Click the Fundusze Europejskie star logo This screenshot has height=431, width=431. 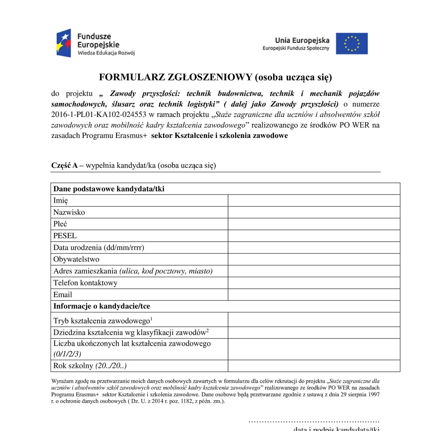click(64, 43)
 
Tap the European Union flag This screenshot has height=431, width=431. click(352, 43)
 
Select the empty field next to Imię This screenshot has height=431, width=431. click(314, 201)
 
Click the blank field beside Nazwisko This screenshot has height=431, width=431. click(314, 212)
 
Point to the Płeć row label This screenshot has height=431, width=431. click(60, 224)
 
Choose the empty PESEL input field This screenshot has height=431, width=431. click(314, 236)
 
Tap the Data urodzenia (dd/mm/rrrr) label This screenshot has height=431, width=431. click(99, 248)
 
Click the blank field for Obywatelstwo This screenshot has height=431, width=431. click(314, 259)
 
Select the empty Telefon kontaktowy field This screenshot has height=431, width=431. click(314, 283)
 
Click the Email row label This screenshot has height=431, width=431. click(63, 295)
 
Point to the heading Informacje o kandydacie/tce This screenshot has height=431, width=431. click(102, 306)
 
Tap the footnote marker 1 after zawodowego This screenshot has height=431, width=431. click(151, 318)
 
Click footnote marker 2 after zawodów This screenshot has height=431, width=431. click(207, 330)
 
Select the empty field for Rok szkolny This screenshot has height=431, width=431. click(314, 366)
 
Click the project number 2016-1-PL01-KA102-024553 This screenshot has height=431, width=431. click(99, 115)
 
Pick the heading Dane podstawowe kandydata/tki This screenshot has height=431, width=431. click(109, 189)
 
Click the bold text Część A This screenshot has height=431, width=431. click(64, 166)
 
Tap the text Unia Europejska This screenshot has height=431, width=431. click(302, 41)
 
